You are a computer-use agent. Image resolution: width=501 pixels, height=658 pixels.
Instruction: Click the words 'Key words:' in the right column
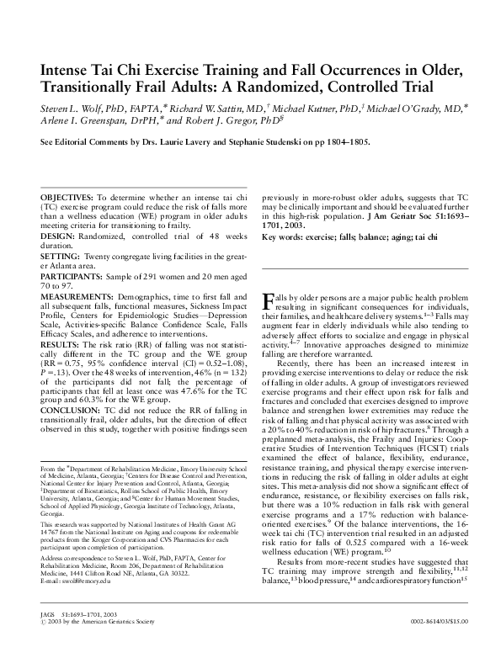pos(285,238)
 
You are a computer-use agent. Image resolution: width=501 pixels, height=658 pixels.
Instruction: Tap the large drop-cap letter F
pos(269,301)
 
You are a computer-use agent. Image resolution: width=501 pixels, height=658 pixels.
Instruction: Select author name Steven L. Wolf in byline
pos(69,109)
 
